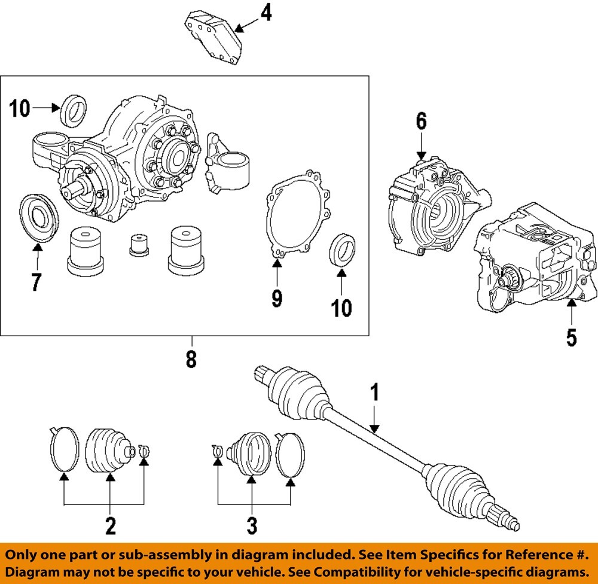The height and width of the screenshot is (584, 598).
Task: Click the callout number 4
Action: point(266,12)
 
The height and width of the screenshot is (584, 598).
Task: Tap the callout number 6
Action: point(422,121)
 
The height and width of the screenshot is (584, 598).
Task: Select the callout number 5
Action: point(572,337)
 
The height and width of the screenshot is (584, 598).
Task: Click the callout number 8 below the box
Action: point(191,359)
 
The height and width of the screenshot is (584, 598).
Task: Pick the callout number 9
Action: point(276,297)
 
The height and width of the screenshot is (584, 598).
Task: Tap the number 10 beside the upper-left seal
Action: point(19,109)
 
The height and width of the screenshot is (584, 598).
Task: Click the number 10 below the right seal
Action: point(342,308)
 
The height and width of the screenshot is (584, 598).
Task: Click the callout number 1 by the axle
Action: point(374,393)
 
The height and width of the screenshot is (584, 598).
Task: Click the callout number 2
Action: point(110,526)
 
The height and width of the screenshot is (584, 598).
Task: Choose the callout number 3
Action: point(252,526)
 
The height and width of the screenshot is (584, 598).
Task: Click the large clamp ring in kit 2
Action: point(63,449)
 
